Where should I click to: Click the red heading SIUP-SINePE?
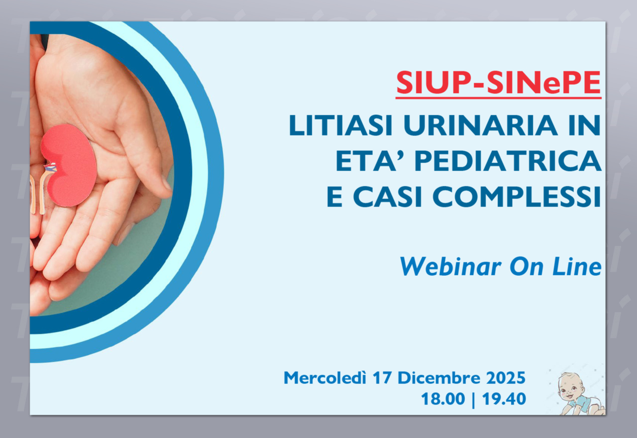499,83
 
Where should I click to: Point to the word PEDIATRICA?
508,161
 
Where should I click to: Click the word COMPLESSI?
517,197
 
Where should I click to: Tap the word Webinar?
450,266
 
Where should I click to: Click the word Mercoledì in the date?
325,378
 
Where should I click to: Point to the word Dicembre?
438,378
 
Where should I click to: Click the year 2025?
506,378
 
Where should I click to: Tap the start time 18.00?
443,399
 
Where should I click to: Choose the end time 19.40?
504,399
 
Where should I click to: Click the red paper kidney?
69,165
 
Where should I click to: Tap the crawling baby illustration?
580,393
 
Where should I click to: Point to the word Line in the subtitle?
577,266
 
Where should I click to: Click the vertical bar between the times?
473,400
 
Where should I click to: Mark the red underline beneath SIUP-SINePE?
499,98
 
